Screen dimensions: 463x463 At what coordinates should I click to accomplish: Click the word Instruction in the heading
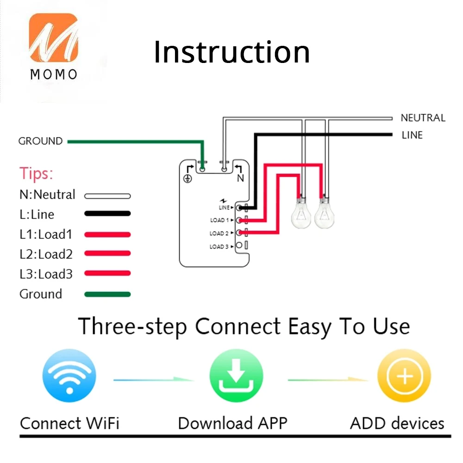(231, 52)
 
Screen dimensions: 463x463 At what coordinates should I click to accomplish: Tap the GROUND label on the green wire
(40, 141)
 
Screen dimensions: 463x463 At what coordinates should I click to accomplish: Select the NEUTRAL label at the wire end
(423, 118)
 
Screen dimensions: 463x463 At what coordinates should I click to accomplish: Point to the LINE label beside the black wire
(412, 135)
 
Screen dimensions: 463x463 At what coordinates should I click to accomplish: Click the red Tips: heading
(36, 174)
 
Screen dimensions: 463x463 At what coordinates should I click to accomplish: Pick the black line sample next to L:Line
(107, 214)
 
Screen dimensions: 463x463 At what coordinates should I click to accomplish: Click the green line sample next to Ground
(107, 294)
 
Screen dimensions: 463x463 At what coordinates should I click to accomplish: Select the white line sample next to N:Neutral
(107, 195)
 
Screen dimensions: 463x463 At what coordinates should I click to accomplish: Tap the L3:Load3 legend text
(46, 274)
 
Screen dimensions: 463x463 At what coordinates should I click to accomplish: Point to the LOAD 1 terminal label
(220, 220)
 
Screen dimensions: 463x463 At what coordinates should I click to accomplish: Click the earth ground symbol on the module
(188, 178)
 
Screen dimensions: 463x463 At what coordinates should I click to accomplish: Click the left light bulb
(301, 213)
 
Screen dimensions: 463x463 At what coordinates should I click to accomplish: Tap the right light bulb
(324, 213)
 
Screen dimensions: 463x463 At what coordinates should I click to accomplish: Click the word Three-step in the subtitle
(132, 326)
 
